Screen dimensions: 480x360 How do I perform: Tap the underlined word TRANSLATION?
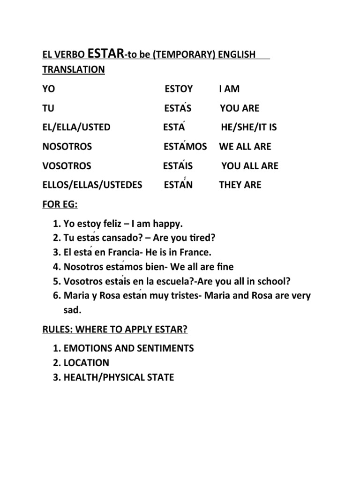pyautogui.click(x=74, y=69)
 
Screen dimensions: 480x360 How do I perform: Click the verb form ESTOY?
pyautogui.click(x=179, y=89)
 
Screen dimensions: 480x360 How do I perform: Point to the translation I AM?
pyautogui.click(x=229, y=89)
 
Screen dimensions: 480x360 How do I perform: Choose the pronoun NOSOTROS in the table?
pyautogui.click(x=67, y=146)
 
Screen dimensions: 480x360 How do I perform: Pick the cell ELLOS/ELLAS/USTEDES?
pyautogui.click(x=92, y=185)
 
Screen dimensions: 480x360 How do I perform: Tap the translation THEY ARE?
pyautogui.click(x=240, y=185)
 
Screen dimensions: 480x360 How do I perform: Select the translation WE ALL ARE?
pyautogui.click(x=245, y=146)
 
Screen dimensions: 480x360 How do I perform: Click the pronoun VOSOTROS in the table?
pyautogui.click(x=67, y=165)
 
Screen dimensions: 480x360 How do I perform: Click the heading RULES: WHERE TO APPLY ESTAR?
pyautogui.click(x=115, y=330)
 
